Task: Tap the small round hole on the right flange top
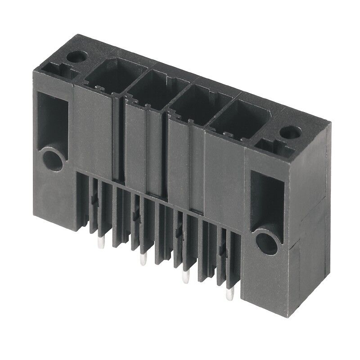tap(286, 132)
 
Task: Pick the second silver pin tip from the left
tap(144, 260)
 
